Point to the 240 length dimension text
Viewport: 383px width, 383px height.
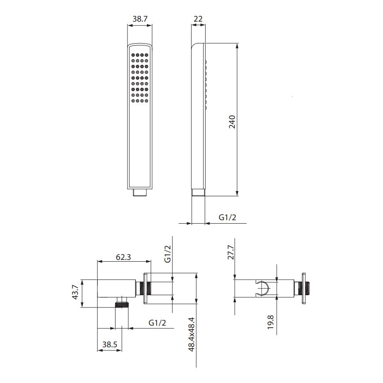pos(232,121)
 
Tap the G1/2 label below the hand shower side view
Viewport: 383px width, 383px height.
pos(228,217)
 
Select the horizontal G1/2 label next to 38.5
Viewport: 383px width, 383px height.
pos(157,323)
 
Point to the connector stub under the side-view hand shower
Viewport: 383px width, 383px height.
pos(198,192)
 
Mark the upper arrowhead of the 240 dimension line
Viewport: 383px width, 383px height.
pos(238,46)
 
